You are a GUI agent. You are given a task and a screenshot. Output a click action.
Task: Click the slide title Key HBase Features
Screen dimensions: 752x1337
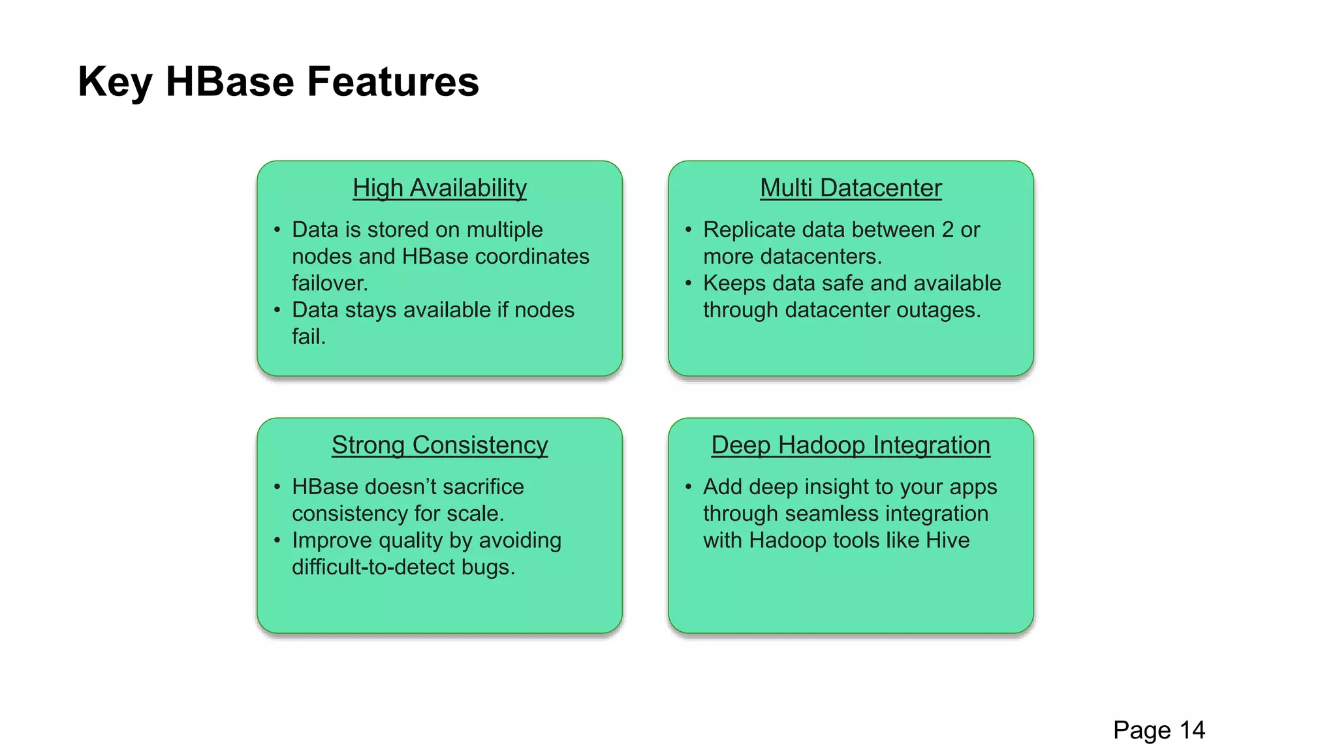[x=278, y=82]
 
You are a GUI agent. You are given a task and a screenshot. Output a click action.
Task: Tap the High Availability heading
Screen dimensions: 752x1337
[x=439, y=188]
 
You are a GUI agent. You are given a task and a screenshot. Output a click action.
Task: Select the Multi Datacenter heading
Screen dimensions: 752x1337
[x=851, y=188]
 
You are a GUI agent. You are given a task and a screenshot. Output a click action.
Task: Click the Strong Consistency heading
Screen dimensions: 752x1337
[x=439, y=445]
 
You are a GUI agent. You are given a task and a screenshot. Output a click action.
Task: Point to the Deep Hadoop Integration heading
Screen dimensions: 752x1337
[x=851, y=445]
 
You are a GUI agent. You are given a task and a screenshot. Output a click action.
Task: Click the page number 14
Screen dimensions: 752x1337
[x=1191, y=730]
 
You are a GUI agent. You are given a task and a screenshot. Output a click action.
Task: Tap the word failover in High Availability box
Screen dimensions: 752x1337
[x=330, y=283]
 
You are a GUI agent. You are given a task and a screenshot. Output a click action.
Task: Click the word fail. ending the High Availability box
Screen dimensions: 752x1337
[x=308, y=337]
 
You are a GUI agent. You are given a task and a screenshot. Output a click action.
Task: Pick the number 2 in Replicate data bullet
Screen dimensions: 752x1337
[x=947, y=230]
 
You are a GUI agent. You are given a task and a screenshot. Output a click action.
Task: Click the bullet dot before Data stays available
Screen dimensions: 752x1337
[x=277, y=310]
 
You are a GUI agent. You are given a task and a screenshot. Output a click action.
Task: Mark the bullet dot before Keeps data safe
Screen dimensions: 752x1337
[x=689, y=283]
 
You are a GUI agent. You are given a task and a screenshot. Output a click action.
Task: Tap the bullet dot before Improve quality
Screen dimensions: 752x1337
[x=277, y=540]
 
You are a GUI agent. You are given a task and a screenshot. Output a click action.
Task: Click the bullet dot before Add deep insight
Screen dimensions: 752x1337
[x=689, y=487]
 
